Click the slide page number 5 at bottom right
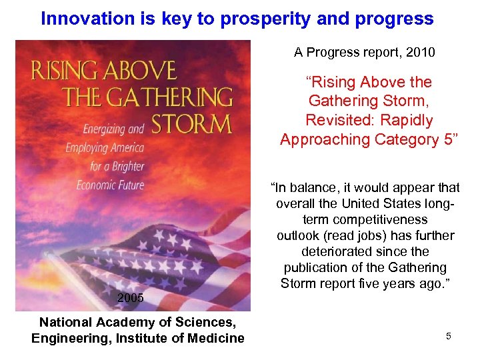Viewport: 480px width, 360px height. (x=449, y=337)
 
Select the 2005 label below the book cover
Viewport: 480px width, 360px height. (x=130, y=298)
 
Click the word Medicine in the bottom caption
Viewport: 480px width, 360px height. (x=212, y=338)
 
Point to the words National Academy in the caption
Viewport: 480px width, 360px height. (x=87, y=322)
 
